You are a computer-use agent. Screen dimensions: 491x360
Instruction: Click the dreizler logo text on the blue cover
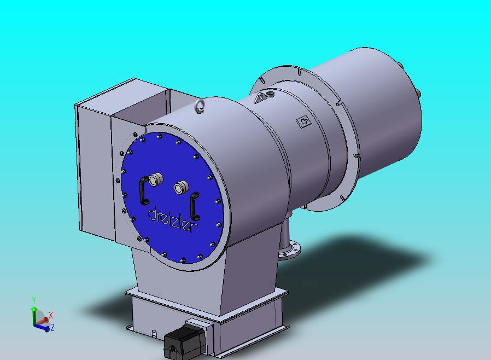173,219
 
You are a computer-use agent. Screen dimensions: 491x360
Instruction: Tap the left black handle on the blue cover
143,190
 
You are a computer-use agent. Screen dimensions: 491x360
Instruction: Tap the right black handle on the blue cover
195,206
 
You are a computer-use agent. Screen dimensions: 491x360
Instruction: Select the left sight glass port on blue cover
156,179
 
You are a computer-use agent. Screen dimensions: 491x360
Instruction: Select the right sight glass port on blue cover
181,187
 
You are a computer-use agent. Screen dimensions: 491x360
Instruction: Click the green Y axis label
34,300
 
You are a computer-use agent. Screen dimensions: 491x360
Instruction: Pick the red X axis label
51,315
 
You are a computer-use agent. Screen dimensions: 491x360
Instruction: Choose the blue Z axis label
52,328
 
